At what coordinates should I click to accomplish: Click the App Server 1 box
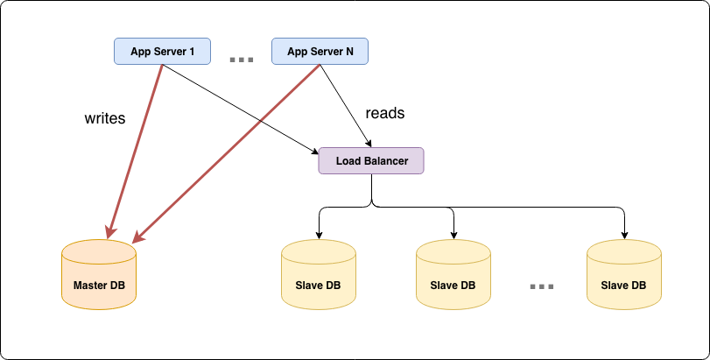pyautogui.click(x=162, y=52)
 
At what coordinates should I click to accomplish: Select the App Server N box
pyautogui.click(x=320, y=52)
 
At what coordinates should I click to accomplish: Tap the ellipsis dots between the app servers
pyautogui.click(x=241, y=60)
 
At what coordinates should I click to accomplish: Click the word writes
pyautogui.click(x=104, y=118)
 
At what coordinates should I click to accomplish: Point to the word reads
pyautogui.click(x=384, y=113)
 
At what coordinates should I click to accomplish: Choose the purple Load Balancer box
pyautogui.click(x=371, y=161)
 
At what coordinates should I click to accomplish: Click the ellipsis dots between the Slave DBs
pyautogui.click(x=542, y=286)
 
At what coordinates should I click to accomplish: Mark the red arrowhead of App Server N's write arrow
pyautogui.click(x=138, y=236)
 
